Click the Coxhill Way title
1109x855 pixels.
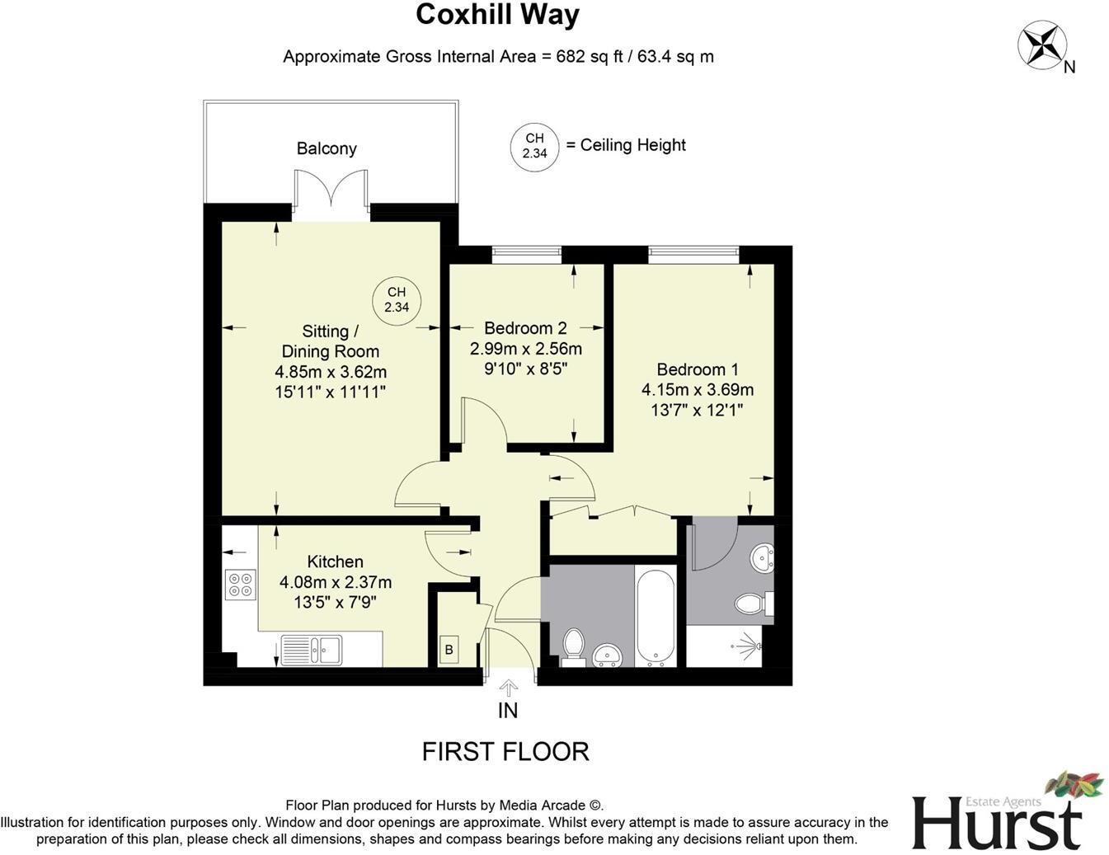pos(497,15)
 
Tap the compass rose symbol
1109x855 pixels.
pos(1041,45)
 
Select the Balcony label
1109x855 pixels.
pos(327,148)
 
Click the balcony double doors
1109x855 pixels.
pos(331,190)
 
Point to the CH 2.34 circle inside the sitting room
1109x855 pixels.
pos(397,300)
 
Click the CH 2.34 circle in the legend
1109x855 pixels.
pos(534,147)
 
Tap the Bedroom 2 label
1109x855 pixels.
pos(525,327)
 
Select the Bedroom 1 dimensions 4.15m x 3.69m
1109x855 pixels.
pos(698,390)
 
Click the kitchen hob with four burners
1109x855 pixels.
pos(241,585)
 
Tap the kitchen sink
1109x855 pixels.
pos(311,649)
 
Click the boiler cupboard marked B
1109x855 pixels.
pos(449,650)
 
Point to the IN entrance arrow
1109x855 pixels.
pos(509,688)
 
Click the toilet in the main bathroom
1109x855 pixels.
pos(572,644)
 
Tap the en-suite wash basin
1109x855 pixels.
pos(763,558)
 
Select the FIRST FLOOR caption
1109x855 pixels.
pos(505,751)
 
